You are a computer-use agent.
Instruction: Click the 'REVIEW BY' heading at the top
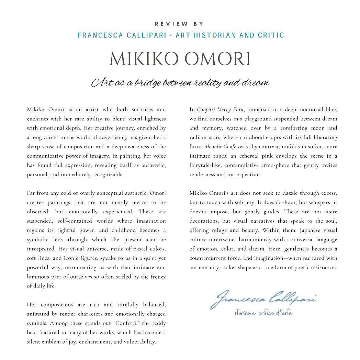coord(180,24)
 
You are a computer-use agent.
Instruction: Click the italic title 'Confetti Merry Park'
coord(220,110)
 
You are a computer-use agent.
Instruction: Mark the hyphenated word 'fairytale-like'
coord(205,165)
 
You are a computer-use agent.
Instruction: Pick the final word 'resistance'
coord(321,267)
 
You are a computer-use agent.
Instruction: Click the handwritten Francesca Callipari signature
coord(263,298)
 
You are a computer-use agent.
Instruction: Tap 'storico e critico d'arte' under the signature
coord(263,313)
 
